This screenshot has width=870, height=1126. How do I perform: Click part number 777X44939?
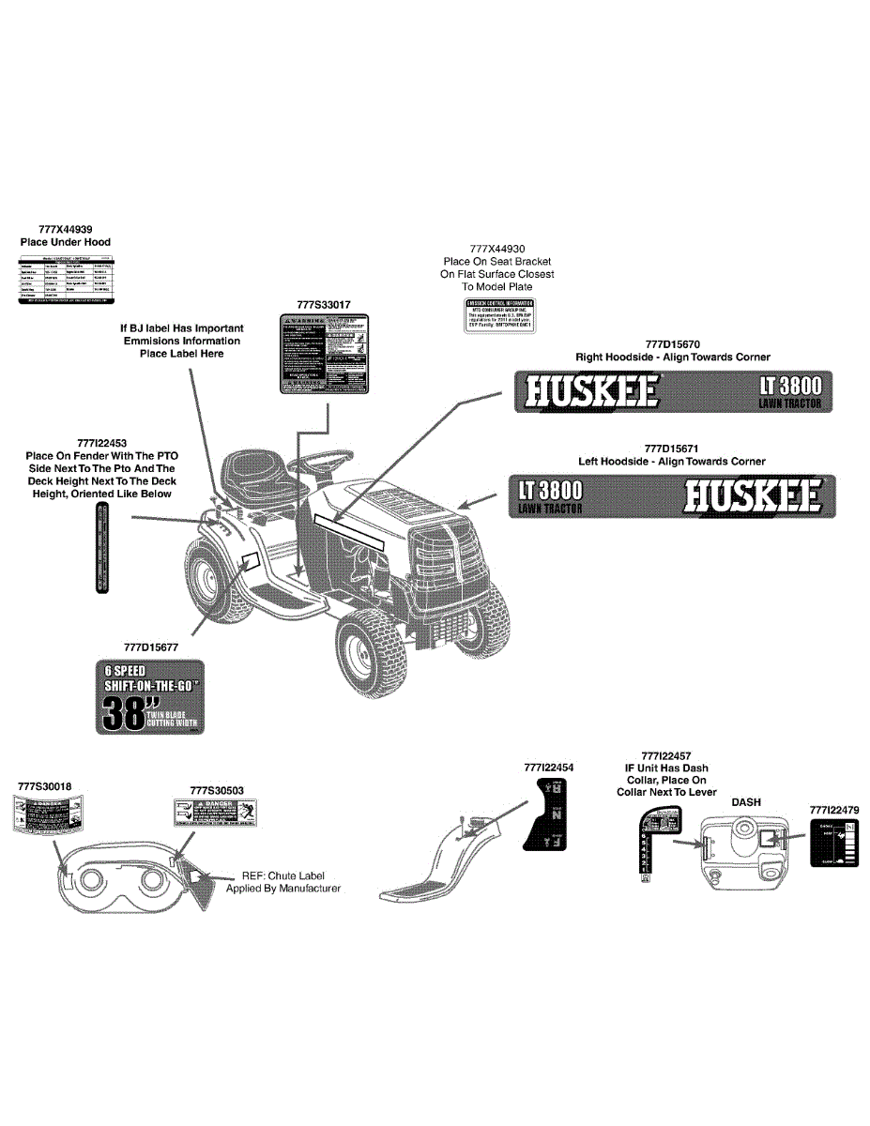(66, 229)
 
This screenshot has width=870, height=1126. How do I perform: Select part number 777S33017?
(323, 305)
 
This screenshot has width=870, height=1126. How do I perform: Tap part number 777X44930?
(497, 249)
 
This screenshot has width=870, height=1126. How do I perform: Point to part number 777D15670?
(672, 344)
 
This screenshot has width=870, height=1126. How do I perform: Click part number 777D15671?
(671, 449)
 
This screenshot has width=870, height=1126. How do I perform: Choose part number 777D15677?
(151, 647)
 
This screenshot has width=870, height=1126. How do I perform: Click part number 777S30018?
(45, 785)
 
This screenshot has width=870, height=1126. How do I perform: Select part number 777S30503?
(217, 791)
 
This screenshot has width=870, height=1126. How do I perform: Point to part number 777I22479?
(833, 809)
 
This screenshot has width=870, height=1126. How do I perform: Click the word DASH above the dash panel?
(746, 802)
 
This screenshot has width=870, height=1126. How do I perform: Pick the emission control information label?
(500, 316)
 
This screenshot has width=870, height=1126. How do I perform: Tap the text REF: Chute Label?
(282, 875)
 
